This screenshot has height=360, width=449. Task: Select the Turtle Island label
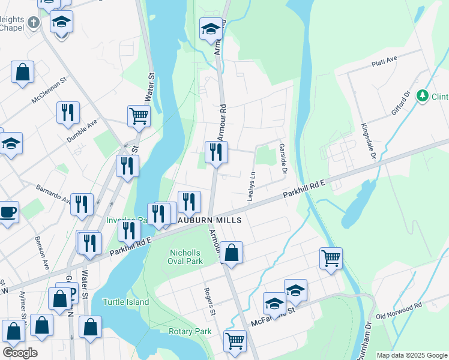click(125, 302)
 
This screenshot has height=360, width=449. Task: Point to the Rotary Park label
click(190, 331)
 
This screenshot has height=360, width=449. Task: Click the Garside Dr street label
click(282, 159)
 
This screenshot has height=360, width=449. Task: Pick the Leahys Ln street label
click(253, 187)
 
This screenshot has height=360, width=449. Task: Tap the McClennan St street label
click(49, 94)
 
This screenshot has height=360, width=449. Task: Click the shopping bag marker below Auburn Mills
click(232, 252)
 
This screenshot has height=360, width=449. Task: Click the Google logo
click(20, 353)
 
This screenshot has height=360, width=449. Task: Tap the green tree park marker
click(423, 96)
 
